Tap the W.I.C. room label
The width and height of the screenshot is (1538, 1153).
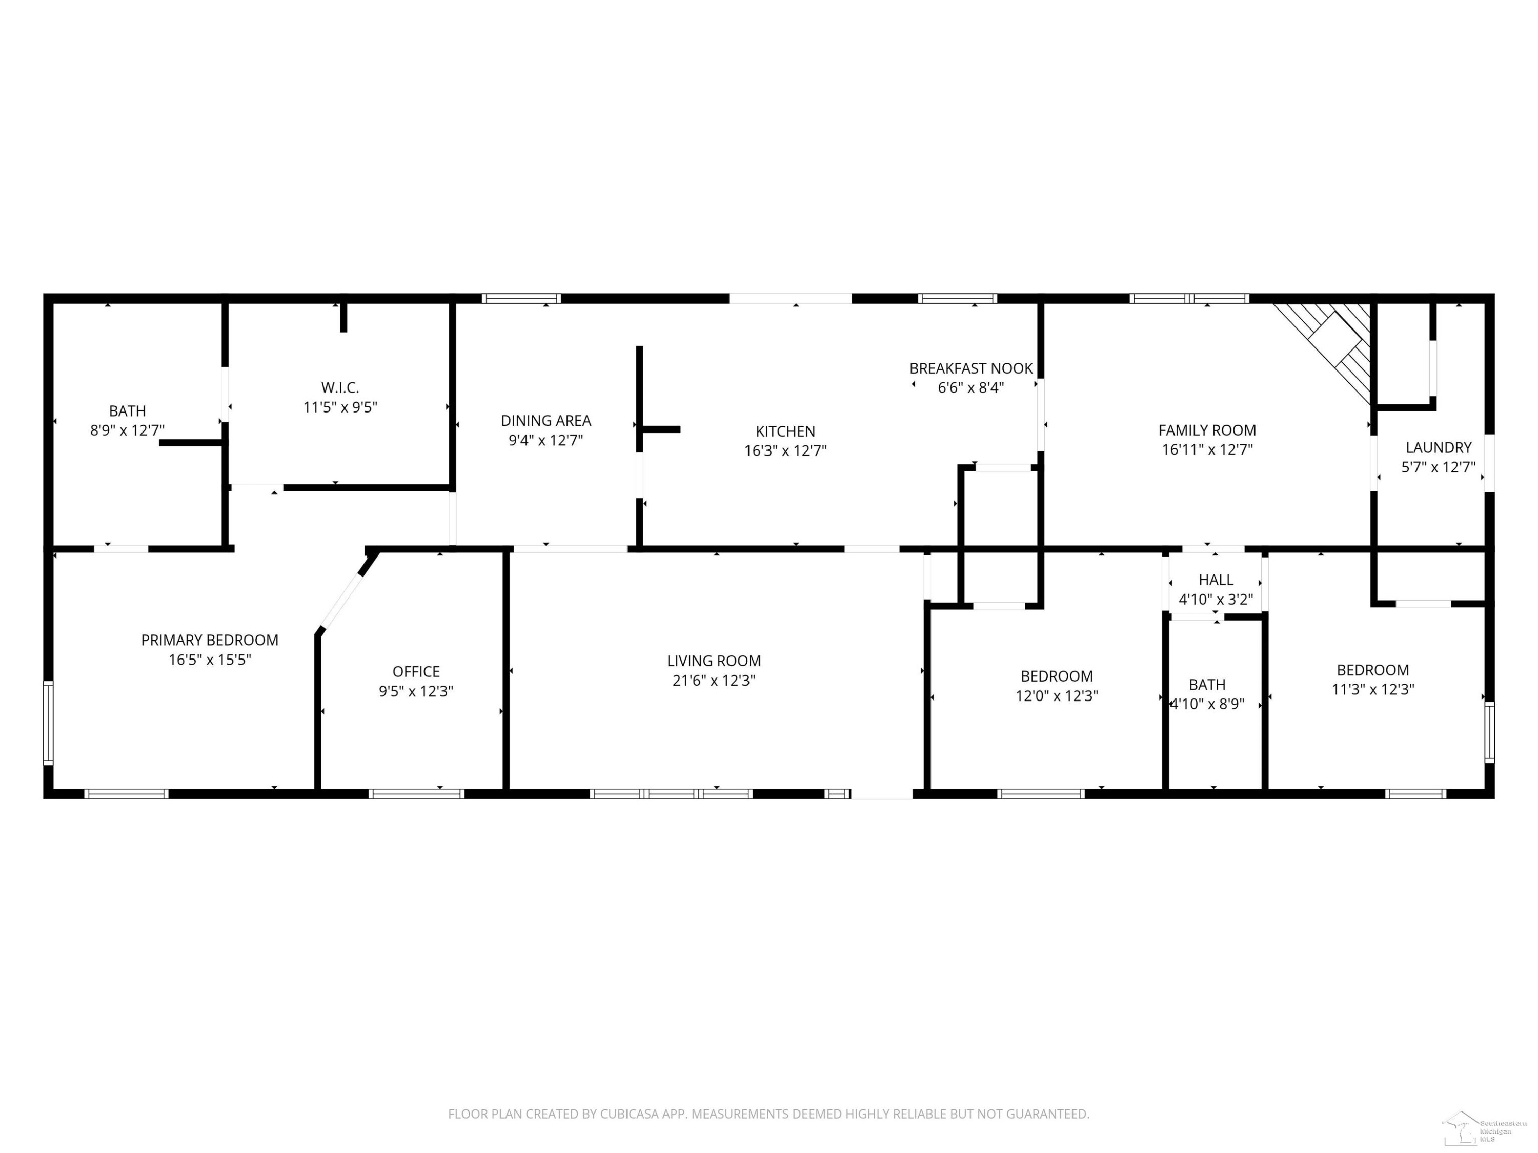point(340,388)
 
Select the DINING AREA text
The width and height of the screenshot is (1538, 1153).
point(546,421)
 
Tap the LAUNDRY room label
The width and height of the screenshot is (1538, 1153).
point(1439,447)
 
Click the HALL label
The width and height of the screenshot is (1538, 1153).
point(1216,580)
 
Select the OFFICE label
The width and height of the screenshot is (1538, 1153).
point(416,671)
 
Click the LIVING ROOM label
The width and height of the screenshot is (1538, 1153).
point(714,661)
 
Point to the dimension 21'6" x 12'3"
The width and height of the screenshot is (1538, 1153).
point(714,681)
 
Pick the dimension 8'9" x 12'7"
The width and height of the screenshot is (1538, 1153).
point(127,430)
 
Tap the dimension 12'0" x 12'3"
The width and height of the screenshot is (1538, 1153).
point(1057,696)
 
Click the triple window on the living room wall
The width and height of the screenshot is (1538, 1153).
point(671,794)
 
